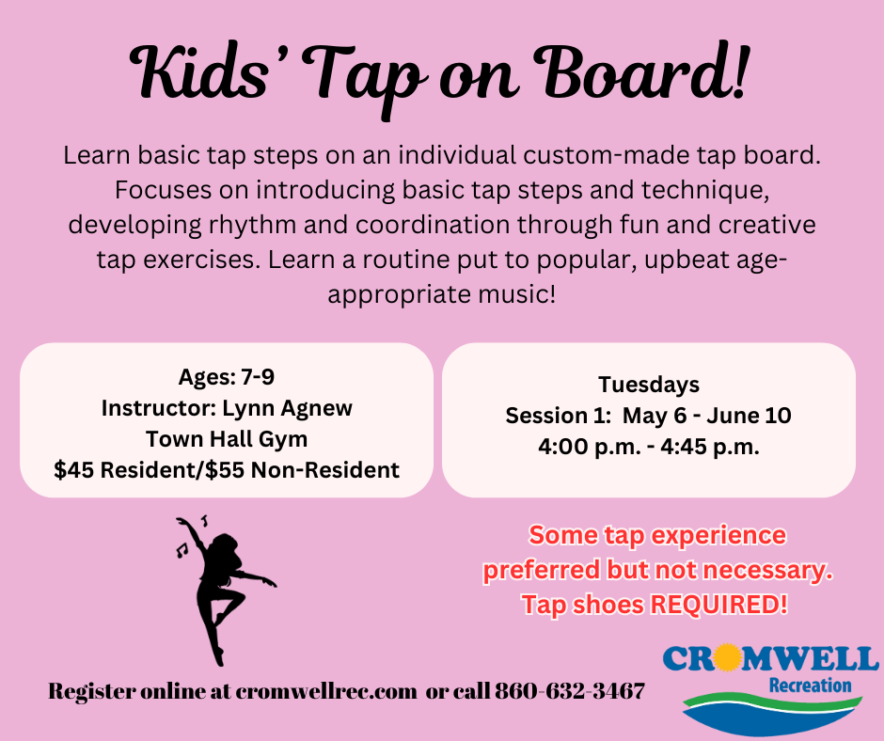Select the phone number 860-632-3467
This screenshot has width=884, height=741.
[569, 691]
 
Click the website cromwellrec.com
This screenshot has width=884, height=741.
[326, 691]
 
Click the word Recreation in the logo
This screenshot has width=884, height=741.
[810, 686]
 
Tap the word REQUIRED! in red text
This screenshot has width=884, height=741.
[718, 604]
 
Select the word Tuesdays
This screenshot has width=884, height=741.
[649, 385]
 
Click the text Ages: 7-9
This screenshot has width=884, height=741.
[227, 377]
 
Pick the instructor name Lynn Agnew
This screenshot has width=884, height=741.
[287, 408]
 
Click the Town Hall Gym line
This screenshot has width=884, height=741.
[227, 439]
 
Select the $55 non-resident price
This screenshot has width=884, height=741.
[302, 470]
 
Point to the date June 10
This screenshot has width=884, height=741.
[749, 416]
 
